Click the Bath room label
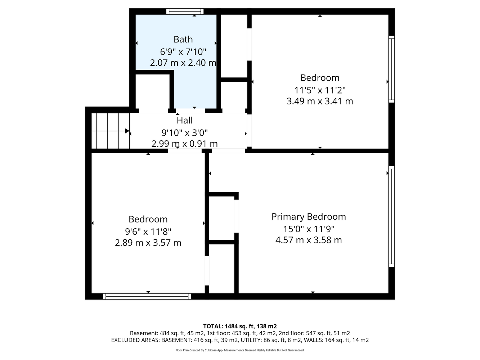(x=183, y=40)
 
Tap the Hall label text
(x=185, y=121)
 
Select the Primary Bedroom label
(x=309, y=217)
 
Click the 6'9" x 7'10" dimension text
(x=183, y=52)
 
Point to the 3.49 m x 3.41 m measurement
(x=320, y=102)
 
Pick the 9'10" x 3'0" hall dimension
(x=185, y=133)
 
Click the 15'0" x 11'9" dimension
(x=309, y=229)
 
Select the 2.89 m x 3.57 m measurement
(x=148, y=243)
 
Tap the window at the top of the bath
(x=185, y=12)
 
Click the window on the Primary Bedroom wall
(x=391, y=216)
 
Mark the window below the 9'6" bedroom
(x=147, y=296)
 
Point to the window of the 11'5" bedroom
(x=391, y=69)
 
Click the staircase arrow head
(x=127, y=131)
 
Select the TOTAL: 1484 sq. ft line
(x=240, y=326)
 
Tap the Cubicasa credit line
(x=240, y=350)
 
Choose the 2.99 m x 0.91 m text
(x=185, y=144)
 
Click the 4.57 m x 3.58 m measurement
(x=309, y=240)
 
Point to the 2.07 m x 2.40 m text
(x=183, y=63)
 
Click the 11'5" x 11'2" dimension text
(x=320, y=90)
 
